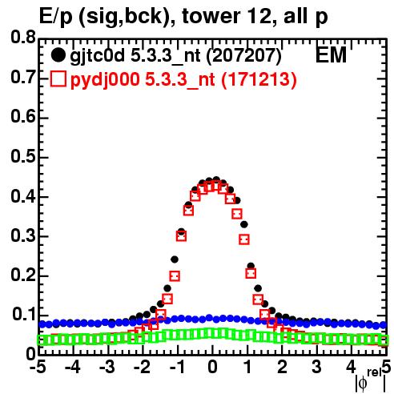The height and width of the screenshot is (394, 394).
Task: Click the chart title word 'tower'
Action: pyautogui.click(x=210, y=16)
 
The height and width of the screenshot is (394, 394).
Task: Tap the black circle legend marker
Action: pyautogui.click(x=58, y=55)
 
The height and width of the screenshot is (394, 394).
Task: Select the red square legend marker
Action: pyautogui.click(x=58, y=79)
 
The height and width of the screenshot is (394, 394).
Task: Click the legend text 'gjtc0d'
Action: pyautogui.click(x=98, y=57)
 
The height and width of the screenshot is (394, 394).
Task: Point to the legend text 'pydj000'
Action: pyautogui.click(x=105, y=80)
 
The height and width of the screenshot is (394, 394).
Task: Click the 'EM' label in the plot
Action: pyautogui.click(x=332, y=55)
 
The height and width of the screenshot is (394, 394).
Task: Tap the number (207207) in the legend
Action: pyautogui.click(x=244, y=56)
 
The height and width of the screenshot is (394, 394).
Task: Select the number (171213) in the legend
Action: pyautogui.click(x=259, y=79)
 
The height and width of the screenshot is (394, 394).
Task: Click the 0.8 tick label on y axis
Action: pyautogui.click(x=23, y=38)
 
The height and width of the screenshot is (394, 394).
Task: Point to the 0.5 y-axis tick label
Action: pyautogui.click(x=23, y=157)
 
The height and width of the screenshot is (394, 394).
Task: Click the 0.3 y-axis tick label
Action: pyautogui.click(x=23, y=236)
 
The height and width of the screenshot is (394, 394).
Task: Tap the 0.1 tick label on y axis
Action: pyautogui.click(x=24, y=315)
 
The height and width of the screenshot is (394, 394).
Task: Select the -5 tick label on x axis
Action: pyautogui.click(x=39, y=368)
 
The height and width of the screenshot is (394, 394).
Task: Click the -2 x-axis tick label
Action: pyautogui.click(x=143, y=368)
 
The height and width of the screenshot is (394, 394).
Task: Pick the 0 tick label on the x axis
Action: pyautogui.click(x=212, y=368)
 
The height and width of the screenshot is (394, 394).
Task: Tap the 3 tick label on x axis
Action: pyautogui.click(x=316, y=368)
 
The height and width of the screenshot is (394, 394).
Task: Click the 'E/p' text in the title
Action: pyautogui.click(x=56, y=17)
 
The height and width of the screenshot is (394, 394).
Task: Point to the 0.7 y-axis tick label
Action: pyautogui.click(x=23, y=78)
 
